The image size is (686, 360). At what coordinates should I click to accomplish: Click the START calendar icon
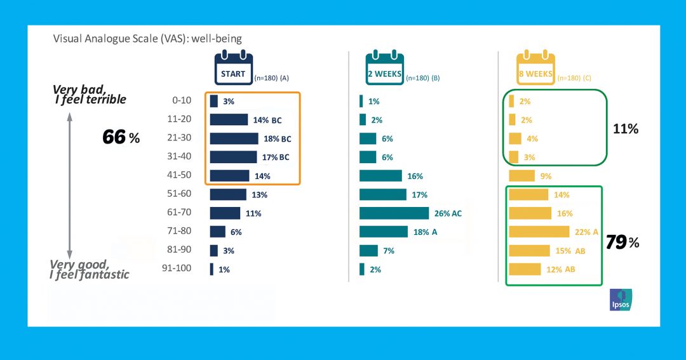click(x=233, y=69)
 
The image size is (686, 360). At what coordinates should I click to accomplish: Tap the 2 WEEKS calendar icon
click(x=384, y=69)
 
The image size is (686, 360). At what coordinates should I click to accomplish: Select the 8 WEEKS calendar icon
click(x=535, y=69)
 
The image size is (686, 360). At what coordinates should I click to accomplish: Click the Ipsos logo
click(x=621, y=300)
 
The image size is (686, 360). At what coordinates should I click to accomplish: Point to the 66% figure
click(x=121, y=137)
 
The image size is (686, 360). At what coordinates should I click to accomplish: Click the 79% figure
click(x=622, y=242)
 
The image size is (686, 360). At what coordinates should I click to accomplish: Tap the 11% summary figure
click(x=625, y=129)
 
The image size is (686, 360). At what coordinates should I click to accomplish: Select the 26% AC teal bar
click(x=394, y=213)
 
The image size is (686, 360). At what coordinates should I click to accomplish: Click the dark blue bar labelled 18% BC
click(x=234, y=138)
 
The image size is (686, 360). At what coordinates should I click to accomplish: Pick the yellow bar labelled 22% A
click(x=539, y=232)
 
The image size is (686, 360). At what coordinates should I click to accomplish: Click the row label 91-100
click(x=177, y=269)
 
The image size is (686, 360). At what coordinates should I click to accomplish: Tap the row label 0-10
click(x=182, y=101)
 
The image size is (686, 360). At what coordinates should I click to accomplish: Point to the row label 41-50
click(x=178, y=176)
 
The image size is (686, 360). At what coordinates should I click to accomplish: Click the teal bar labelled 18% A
click(x=384, y=232)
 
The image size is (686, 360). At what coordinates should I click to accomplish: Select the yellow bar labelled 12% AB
click(x=525, y=269)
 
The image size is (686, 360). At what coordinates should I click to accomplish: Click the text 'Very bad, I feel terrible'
click(x=90, y=95)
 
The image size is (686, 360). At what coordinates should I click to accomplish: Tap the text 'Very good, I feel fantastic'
click(x=90, y=269)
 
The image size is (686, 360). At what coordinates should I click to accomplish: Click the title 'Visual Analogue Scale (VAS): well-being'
click(x=147, y=39)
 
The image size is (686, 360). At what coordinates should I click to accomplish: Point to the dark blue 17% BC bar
click(x=233, y=157)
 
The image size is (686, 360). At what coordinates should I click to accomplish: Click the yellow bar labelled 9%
click(x=521, y=176)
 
